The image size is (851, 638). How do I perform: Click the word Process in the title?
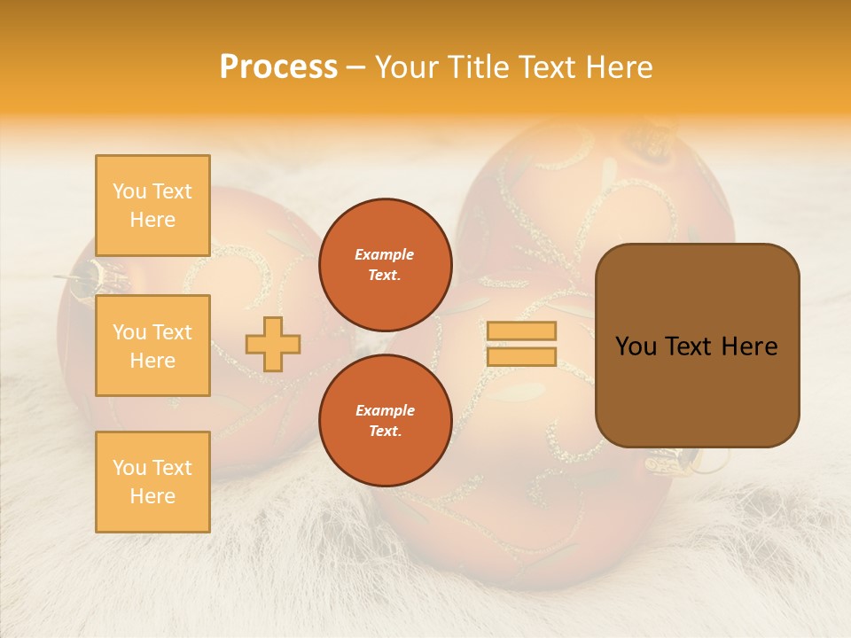(278, 67)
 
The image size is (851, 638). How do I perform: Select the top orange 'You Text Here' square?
(152, 206)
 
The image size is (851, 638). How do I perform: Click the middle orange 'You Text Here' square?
(152, 346)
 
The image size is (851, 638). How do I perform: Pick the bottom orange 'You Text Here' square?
(152, 482)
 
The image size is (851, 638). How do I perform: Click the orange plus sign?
(273, 344)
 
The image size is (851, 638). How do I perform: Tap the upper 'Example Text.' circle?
(385, 264)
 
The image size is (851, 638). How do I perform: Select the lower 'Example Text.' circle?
(385, 420)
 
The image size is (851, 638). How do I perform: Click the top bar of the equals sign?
(521, 331)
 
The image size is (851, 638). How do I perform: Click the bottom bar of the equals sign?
(521, 357)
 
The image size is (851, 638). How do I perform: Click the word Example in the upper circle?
(385, 254)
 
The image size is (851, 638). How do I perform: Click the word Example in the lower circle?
(385, 410)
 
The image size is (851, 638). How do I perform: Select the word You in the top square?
(129, 191)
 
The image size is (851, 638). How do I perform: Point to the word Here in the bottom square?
(152, 497)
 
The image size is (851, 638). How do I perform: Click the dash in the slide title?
(356, 68)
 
